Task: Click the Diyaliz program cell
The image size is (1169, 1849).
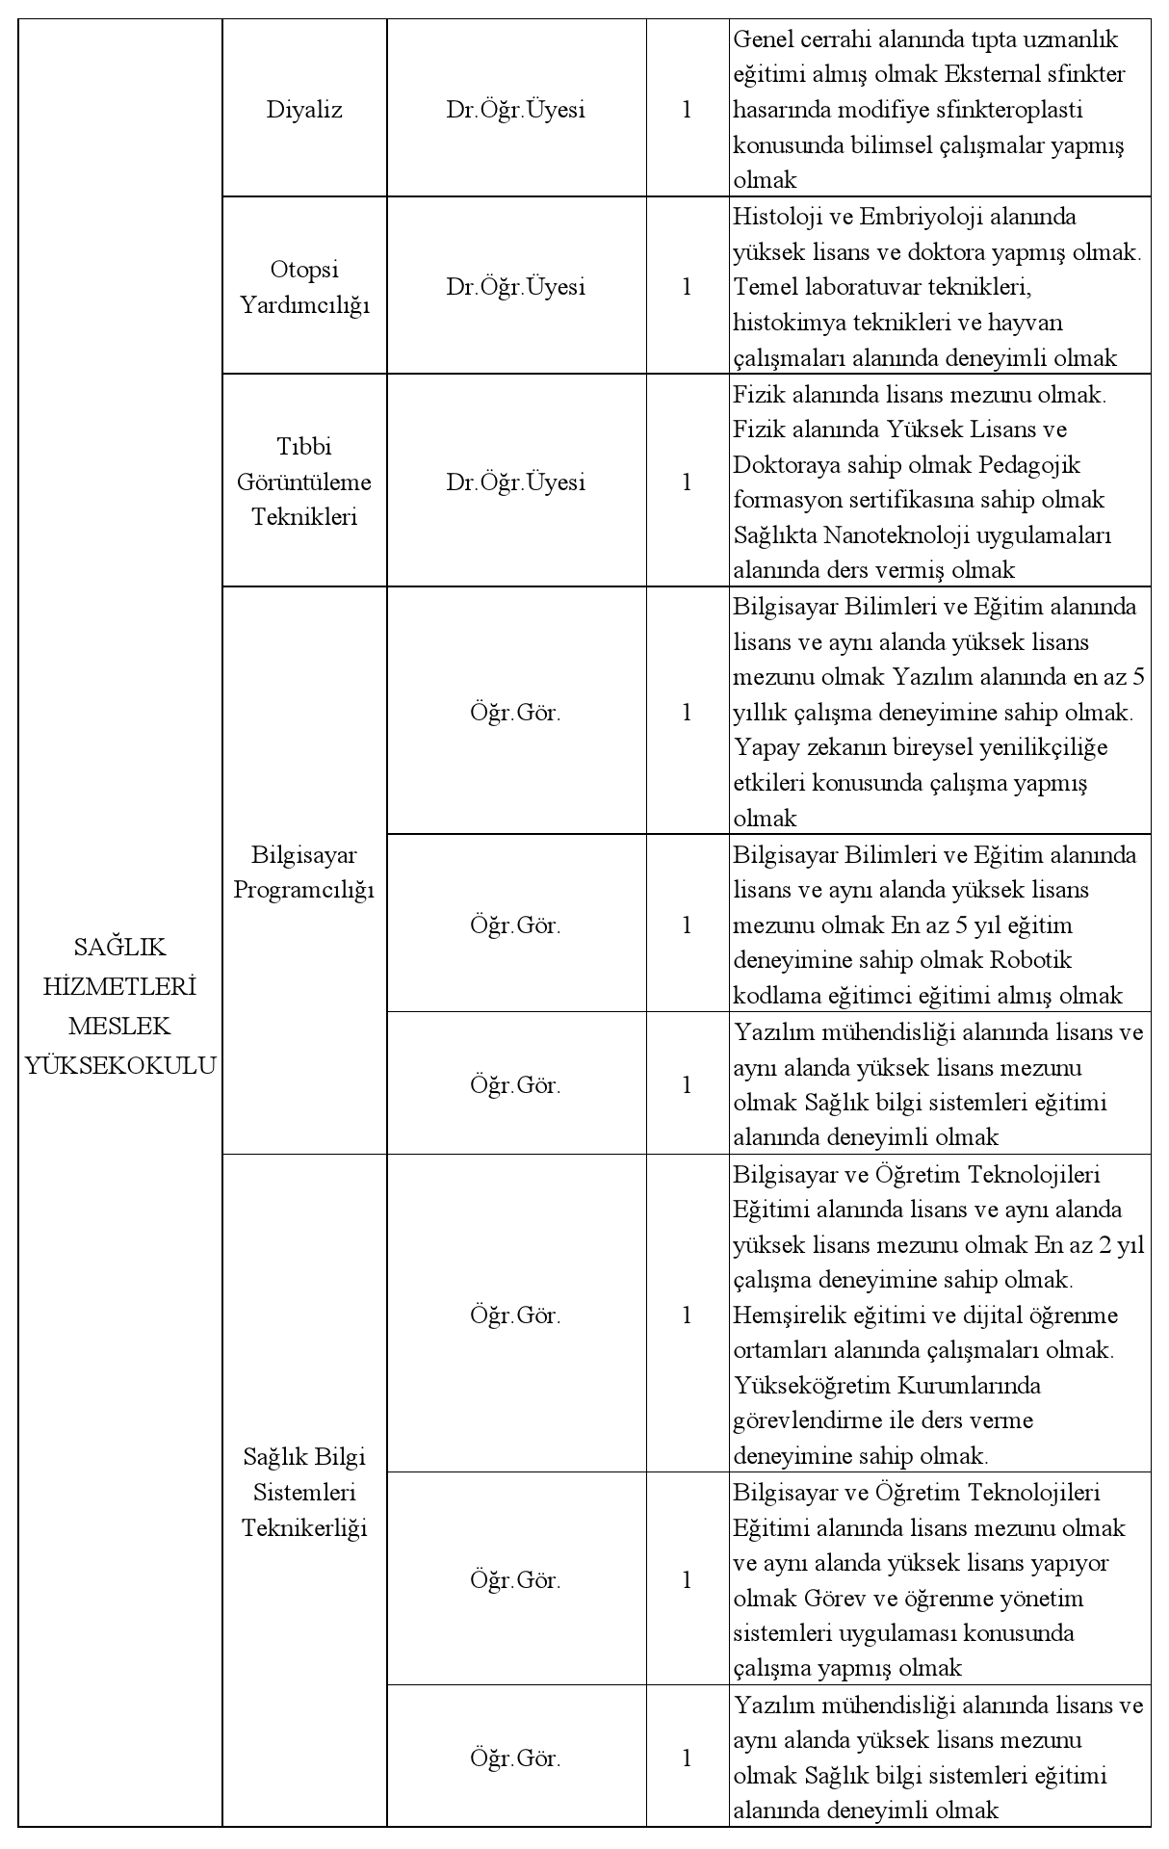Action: click(x=304, y=110)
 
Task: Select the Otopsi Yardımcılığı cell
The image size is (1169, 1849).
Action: click(x=304, y=287)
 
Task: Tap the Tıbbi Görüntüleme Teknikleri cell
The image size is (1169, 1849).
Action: click(x=304, y=482)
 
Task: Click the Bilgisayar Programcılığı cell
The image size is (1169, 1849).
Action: click(x=304, y=872)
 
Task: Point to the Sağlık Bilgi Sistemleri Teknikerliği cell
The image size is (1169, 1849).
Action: click(x=304, y=1492)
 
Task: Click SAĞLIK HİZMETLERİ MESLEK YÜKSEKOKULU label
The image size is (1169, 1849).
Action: click(x=120, y=1005)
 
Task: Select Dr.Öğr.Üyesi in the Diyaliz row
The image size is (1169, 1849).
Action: click(x=515, y=110)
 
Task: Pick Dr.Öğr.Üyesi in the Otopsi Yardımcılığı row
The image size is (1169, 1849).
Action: click(x=515, y=287)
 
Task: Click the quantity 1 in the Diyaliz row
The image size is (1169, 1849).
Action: click(x=687, y=110)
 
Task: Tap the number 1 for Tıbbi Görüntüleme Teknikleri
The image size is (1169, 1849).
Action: click(x=687, y=482)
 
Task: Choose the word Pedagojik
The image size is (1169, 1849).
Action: click(x=1029, y=464)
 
